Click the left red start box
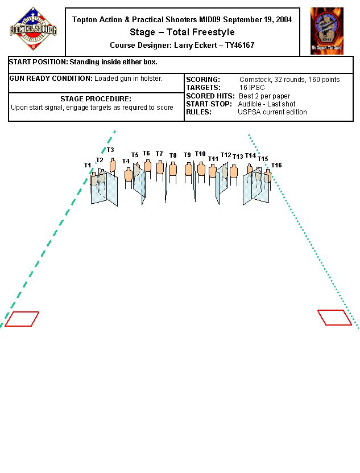(22, 319)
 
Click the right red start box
(334, 317)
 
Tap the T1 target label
(88, 165)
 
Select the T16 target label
(276, 165)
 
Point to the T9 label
(187, 155)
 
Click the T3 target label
(110, 150)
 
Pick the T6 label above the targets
(146, 153)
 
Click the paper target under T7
(160, 168)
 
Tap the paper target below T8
(173, 169)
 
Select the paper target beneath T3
(112, 166)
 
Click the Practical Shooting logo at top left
(33, 29)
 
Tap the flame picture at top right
(326, 31)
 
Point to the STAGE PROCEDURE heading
(96, 99)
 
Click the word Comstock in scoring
(255, 80)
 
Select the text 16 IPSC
(252, 88)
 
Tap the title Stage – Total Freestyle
(182, 32)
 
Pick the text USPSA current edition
(272, 112)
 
